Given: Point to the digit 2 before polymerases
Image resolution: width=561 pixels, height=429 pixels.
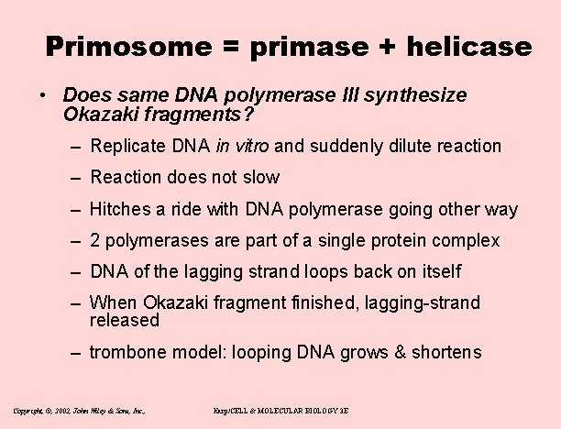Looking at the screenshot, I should click(x=95, y=241).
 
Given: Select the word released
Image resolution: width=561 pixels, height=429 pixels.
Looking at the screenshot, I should click(x=125, y=320).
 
